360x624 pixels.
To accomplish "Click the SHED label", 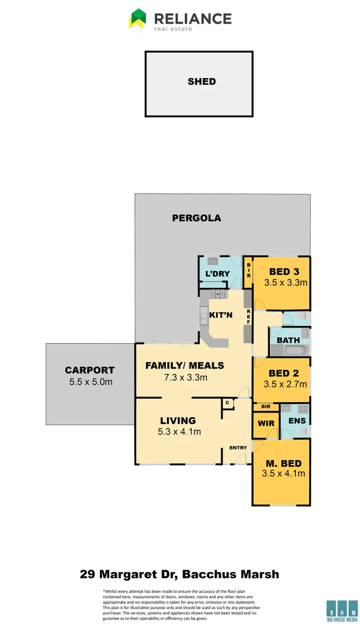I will [x=202, y=81].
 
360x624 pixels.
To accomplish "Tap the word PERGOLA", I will [x=196, y=218].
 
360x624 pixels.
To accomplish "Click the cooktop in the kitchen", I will [x=218, y=294].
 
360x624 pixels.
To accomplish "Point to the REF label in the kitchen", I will [x=248, y=315].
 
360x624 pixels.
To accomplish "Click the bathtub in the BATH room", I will [x=290, y=351].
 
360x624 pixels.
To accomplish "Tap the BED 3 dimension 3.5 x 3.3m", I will [x=285, y=283].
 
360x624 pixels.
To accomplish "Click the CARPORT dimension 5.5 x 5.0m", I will [x=90, y=382].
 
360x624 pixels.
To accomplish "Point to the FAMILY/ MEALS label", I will [x=184, y=366].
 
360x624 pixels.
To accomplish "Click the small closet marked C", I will [x=228, y=402].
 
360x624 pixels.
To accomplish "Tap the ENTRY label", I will [x=238, y=448].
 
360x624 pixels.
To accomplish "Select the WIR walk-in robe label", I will [x=265, y=423].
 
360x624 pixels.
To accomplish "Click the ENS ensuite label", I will [x=297, y=421].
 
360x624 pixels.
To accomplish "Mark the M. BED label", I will [x=284, y=463].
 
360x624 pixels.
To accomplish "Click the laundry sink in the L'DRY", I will [x=211, y=261].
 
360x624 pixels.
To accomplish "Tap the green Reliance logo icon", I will [x=138, y=18].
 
